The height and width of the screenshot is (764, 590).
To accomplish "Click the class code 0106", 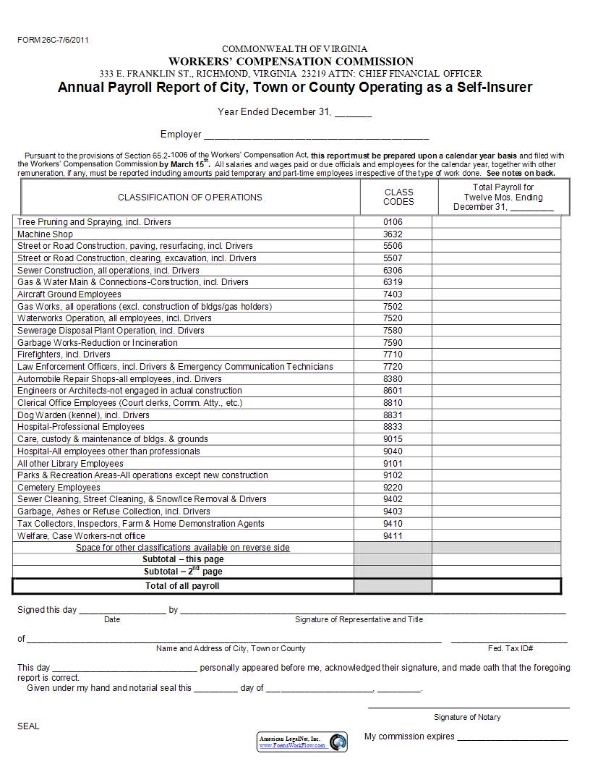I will pos(393,222).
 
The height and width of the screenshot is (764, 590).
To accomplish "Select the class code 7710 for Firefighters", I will pos(393,355).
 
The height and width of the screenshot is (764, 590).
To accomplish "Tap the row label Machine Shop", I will pos(45,234).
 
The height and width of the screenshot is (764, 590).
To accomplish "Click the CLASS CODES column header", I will pos(398,197).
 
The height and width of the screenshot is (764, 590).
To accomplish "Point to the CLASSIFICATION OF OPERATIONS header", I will pos(190,197).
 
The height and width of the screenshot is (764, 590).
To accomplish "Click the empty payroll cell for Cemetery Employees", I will pos(496,488).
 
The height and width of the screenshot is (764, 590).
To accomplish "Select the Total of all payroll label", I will pos(182,586).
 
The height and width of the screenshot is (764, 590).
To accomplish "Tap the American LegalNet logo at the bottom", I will pos(302,741).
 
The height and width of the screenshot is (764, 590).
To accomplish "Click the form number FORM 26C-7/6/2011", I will pos(53,41).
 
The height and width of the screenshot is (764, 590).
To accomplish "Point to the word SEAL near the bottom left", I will pos(28,726).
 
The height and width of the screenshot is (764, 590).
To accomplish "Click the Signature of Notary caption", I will pos(467,717).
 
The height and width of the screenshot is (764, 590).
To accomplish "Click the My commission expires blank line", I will pos(513,739).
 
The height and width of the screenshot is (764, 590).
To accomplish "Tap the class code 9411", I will pos(393,536).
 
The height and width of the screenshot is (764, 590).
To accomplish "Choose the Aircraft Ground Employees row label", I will pos(69,294).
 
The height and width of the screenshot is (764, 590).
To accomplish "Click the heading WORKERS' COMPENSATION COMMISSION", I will pos(291,61).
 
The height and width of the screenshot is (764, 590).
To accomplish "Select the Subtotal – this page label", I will pos(183,559).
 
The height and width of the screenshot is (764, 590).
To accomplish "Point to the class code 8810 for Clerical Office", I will pos(393,403).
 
